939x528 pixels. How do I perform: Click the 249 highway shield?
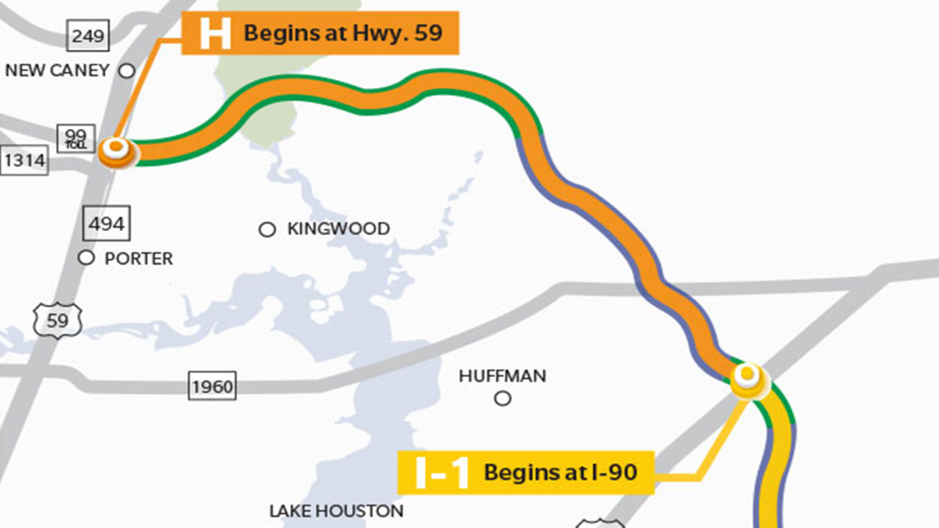pyautogui.click(x=87, y=36)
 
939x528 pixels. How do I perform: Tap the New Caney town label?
pyautogui.click(x=57, y=70)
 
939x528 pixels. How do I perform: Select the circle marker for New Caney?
pyautogui.click(x=127, y=71)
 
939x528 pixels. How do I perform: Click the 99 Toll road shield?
pyautogui.click(x=76, y=139)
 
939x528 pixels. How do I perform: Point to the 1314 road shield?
pyautogui.click(x=24, y=160)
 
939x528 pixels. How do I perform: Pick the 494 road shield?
pyautogui.click(x=106, y=224)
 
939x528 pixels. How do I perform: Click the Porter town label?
pyautogui.click(x=139, y=259)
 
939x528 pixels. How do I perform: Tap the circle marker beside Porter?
pyautogui.click(x=86, y=258)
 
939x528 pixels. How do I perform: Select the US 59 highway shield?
pyautogui.click(x=57, y=321)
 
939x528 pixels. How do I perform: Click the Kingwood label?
pyautogui.click(x=338, y=229)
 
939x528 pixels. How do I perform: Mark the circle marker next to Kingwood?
pyautogui.click(x=267, y=229)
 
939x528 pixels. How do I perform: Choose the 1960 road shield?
pyautogui.click(x=212, y=387)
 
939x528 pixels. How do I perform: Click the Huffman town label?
pyautogui.click(x=502, y=376)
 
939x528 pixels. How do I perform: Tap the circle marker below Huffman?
pyautogui.click(x=502, y=399)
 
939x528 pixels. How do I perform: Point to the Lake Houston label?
pyautogui.click(x=336, y=511)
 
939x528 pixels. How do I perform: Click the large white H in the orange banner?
pyautogui.click(x=215, y=33)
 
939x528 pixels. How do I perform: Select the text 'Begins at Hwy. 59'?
pyautogui.click(x=343, y=33)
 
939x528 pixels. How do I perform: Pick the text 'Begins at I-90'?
pyautogui.click(x=560, y=472)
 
